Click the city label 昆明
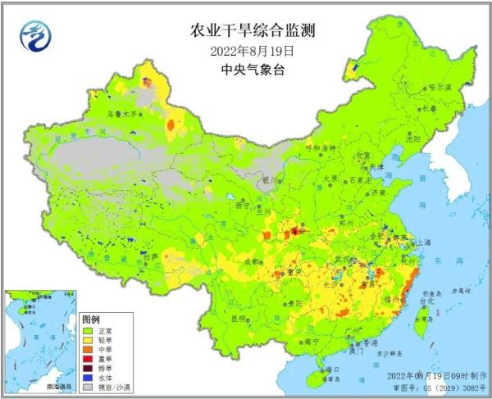click(238, 318)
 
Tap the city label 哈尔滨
click(435, 85)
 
